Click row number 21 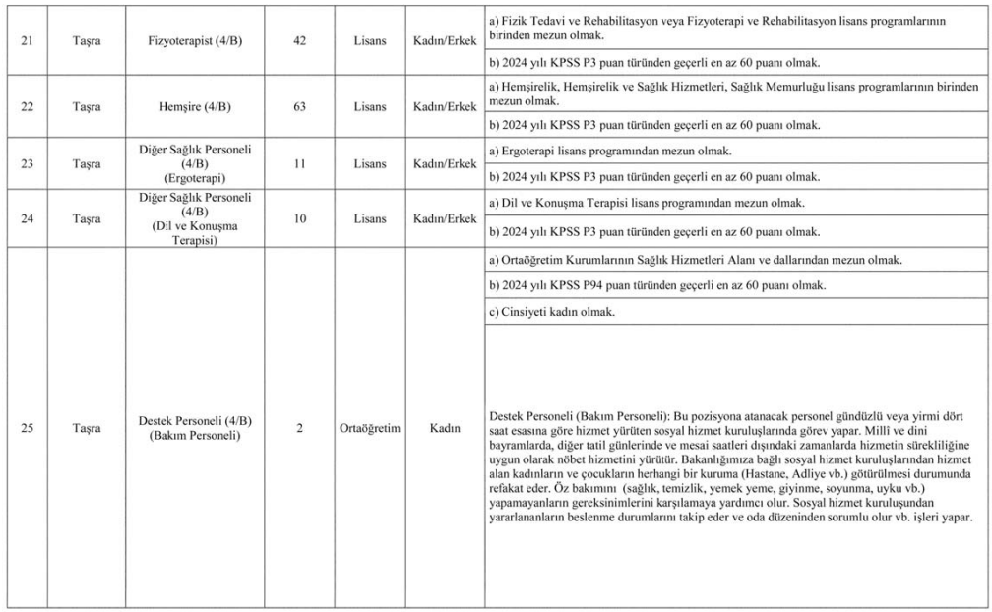pyautogui.click(x=29, y=44)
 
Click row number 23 pyautogui.click(x=29, y=164)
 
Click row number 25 pyautogui.click(x=29, y=429)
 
